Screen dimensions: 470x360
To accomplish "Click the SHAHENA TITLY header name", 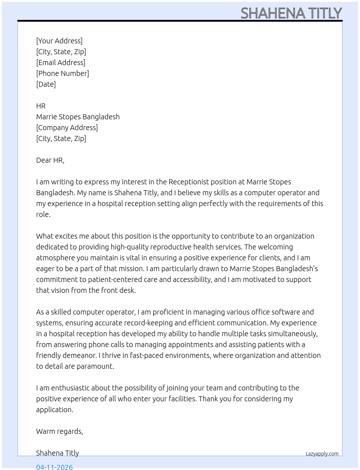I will (291, 13).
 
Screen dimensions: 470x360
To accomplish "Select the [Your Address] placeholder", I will (59, 41).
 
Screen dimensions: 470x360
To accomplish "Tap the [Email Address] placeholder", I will (61, 63).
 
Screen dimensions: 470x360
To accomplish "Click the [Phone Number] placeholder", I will (63, 73).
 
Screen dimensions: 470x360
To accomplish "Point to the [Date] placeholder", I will (46, 84).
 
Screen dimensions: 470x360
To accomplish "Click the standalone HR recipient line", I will (41, 106).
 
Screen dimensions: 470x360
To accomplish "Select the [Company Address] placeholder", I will (67, 128).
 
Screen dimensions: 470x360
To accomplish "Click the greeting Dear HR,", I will (50, 160).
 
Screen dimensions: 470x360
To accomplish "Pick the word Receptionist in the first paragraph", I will (189, 182).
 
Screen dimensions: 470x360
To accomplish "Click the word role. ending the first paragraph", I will (43, 214).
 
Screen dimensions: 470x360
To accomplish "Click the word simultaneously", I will (291, 334).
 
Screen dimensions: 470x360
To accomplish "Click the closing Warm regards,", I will (60, 431).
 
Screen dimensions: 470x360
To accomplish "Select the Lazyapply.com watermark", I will (322, 454).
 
